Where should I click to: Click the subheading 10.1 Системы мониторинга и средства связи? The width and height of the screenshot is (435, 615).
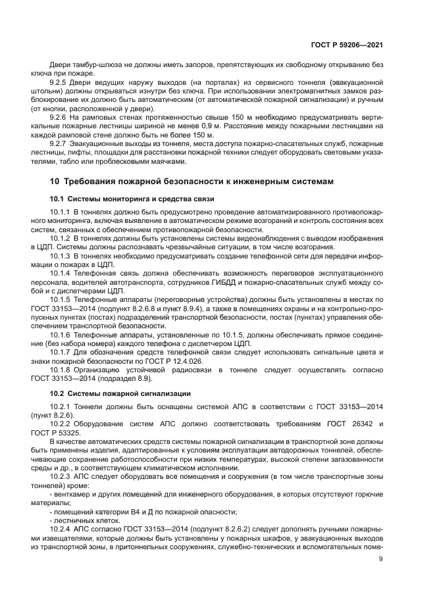point(132,199)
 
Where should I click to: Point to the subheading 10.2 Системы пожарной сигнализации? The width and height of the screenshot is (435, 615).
point(121,393)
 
